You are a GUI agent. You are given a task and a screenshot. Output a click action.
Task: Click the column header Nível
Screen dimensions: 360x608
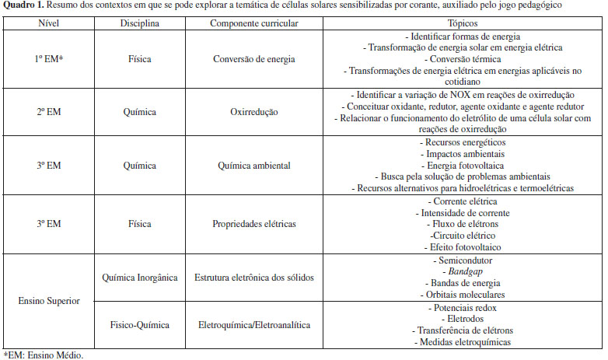(48, 24)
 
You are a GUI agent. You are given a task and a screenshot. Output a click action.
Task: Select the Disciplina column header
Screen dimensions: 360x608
(140, 24)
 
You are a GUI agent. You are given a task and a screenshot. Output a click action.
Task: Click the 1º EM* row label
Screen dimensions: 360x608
(48, 57)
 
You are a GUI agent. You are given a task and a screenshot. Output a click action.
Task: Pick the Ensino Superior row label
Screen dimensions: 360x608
(48, 301)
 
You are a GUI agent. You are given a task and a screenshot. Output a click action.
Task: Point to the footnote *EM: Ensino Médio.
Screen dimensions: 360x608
(43, 355)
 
